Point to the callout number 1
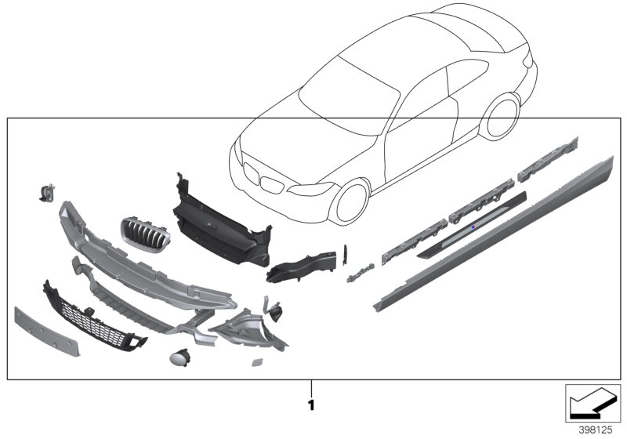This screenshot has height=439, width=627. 311,405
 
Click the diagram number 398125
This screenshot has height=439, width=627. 593,430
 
